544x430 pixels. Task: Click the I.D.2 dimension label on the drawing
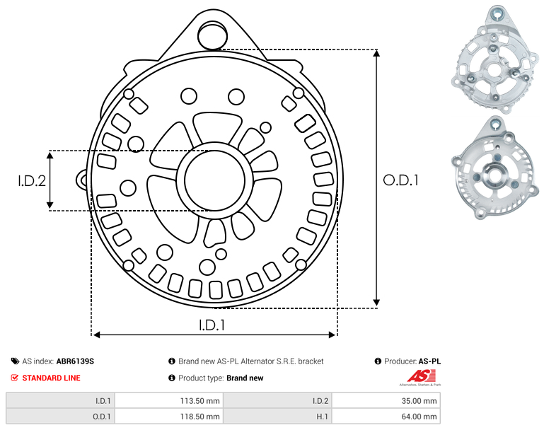point(32,181)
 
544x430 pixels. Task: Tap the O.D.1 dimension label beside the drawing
point(400,180)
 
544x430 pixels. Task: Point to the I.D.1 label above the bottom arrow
point(212,325)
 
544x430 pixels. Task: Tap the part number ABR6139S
point(75,361)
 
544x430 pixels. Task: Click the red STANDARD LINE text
point(52,378)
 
